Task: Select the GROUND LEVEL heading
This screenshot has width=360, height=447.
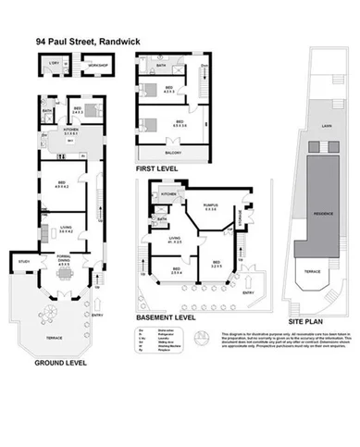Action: pyautogui.click(x=62, y=363)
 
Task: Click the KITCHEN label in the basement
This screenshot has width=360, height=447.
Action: pyautogui.click(x=168, y=194)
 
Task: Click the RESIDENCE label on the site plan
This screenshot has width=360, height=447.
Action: pyautogui.click(x=322, y=213)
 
